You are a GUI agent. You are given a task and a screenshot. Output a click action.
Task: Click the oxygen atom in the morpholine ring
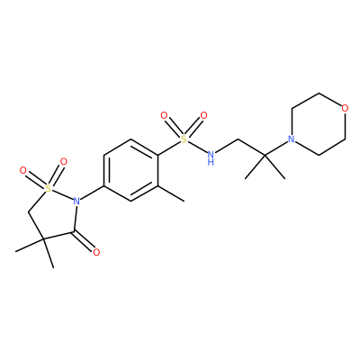click(345, 108)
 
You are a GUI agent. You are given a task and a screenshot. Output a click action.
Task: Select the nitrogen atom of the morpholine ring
click(291, 139)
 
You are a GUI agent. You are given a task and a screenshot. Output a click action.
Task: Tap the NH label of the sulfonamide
click(211, 157)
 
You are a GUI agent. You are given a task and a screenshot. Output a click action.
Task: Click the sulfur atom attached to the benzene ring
click(184, 139)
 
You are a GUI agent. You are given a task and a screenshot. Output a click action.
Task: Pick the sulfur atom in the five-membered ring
click(48, 188)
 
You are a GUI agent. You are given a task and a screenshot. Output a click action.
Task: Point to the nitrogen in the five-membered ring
click(76, 201)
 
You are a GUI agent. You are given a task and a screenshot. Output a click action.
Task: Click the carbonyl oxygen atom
click(96, 252)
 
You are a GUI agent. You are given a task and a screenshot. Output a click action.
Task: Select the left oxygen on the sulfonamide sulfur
click(164, 115)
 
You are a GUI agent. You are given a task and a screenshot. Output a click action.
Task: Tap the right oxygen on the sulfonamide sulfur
click(203, 115)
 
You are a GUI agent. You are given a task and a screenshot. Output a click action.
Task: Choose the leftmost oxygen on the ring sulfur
click(22, 171)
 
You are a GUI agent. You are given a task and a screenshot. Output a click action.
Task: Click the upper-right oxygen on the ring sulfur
click(63, 162)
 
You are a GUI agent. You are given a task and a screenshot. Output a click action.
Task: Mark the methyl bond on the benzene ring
click(171, 193)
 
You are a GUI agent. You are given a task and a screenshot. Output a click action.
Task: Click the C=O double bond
click(84, 241)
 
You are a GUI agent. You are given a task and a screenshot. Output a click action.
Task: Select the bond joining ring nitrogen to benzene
click(92, 193)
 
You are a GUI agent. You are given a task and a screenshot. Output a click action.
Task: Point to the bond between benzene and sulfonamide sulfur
click(169, 148)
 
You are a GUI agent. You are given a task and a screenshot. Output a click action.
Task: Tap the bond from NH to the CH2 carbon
click(227, 147)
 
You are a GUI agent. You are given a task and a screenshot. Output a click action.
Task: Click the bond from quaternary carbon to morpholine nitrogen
click(275, 148)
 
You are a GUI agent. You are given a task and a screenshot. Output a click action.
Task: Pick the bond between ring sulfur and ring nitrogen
click(62, 194)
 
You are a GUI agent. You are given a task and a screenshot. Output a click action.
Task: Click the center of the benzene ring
click(130, 170)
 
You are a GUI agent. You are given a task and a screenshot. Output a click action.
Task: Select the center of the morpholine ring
click(318, 123)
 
